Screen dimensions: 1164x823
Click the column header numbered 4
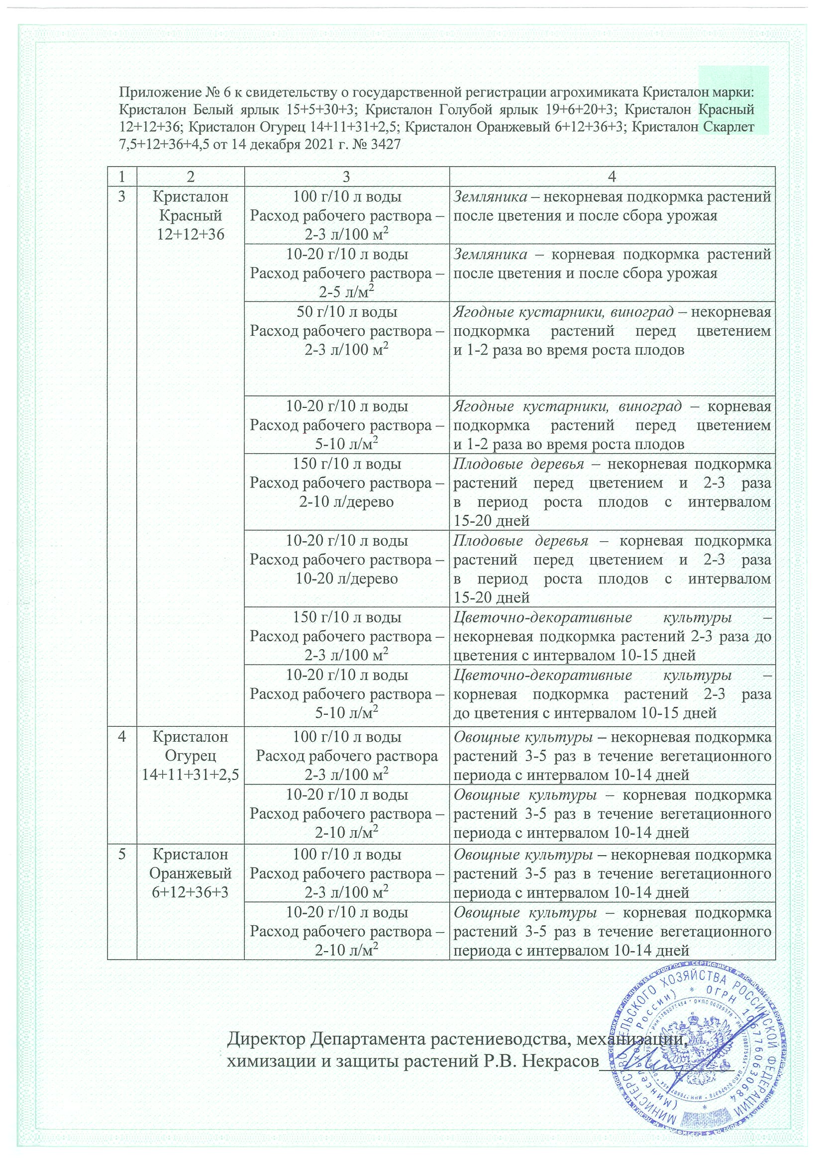612,177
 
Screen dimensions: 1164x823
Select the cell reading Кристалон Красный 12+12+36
191,215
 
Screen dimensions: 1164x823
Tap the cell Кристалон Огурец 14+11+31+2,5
191,756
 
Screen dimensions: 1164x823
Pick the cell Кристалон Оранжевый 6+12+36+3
191,873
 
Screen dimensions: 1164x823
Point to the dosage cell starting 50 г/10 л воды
347,331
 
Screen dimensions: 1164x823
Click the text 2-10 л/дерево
347,502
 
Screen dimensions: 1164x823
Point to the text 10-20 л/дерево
347,579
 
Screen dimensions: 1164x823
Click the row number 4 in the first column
122,737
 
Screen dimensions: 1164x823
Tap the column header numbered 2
191,177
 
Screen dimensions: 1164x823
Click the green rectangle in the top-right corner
733,100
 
